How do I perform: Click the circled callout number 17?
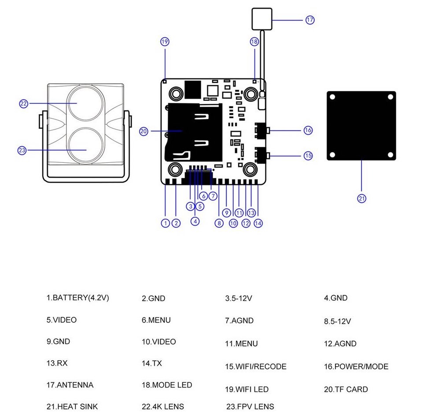[310, 20]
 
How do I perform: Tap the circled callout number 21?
[361, 198]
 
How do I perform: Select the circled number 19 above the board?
[165, 42]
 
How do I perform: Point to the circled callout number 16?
[308, 130]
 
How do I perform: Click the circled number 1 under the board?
[165, 223]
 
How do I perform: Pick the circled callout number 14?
[258, 223]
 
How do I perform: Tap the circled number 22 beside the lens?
[24, 104]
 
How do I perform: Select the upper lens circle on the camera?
[86, 102]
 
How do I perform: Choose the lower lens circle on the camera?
[86, 146]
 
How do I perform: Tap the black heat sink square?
[361, 125]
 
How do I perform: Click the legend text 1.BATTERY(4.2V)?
[78, 298]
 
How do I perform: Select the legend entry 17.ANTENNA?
[70, 385]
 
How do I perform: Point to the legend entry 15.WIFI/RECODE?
[255, 366]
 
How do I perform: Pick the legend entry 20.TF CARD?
[346, 389]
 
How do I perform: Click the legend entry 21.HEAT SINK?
[72, 407]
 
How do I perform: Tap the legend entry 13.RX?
[57, 363]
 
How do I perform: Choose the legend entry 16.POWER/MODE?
[356, 366]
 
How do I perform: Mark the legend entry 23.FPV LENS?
[250, 407]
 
